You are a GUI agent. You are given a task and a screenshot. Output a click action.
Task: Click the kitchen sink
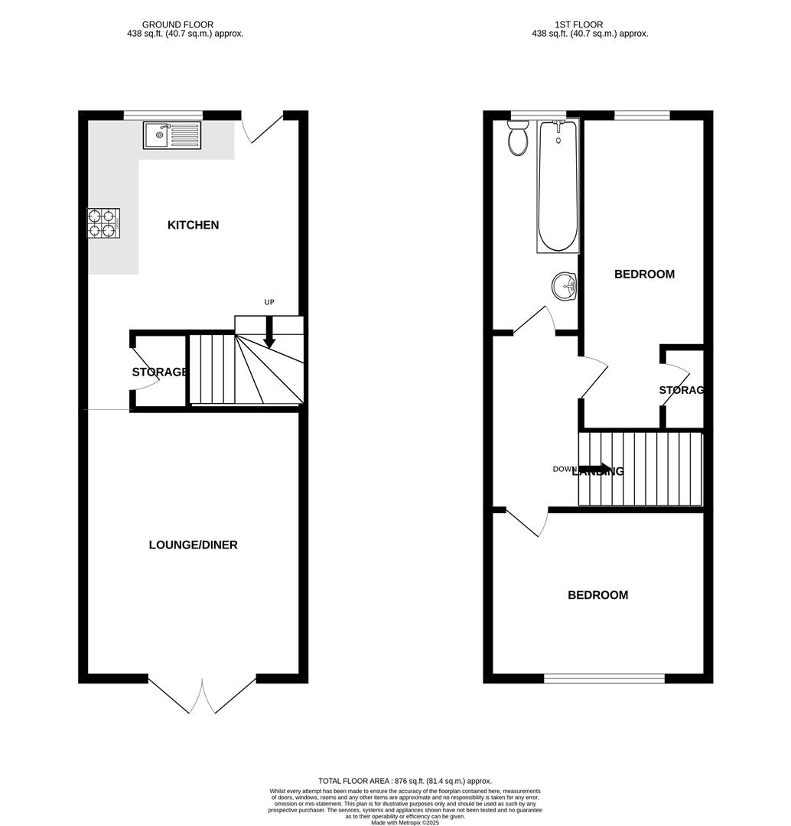point(171,135)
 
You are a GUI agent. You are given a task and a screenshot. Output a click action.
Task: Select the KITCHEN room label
point(193,225)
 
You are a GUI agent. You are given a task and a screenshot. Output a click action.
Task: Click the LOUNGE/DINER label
point(193,545)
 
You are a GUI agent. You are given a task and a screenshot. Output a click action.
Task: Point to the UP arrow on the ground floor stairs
point(269,334)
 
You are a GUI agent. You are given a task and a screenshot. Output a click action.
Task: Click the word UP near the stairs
point(269,302)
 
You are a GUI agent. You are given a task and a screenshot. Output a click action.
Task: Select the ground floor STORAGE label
point(160,372)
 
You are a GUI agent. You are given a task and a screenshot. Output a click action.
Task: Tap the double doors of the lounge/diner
point(203,696)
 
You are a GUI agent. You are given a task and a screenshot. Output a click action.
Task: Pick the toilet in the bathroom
point(518,140)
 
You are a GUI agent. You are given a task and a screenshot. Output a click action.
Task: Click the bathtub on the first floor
point(558,187)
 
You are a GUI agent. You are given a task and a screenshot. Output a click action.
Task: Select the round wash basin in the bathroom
point(565,288)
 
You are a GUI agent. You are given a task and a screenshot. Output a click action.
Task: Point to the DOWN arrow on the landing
point(594,469)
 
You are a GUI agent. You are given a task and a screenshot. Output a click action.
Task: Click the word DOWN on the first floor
point(565,469)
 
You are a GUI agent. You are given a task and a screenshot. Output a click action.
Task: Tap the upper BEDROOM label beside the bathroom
point(644,274)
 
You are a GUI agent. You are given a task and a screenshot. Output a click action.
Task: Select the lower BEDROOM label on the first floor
point(597,595)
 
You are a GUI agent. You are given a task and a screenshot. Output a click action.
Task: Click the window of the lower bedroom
point(604,678)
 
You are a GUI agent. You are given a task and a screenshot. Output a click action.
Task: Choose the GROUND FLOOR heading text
point(177,24)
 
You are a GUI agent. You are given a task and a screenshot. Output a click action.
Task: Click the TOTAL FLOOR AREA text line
point(405,780)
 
